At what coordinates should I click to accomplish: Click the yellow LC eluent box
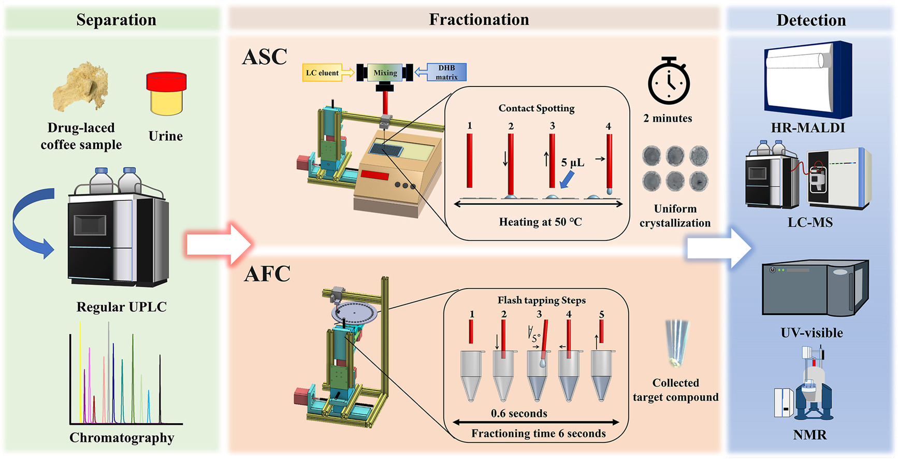(322, 73)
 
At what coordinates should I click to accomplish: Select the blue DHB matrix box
(446, 72)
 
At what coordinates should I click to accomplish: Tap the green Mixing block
(385, 73)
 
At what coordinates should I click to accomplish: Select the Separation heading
(116, 20)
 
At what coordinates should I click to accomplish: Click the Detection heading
(811, 20)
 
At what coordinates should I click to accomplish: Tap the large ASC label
(265, 57)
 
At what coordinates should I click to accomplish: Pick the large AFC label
(267, 274)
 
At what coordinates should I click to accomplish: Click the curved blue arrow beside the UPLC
(31, 223)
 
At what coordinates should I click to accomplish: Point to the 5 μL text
(573, 163)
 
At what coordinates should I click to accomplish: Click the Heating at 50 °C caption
(540, 222)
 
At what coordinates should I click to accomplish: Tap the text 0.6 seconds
(519, 413)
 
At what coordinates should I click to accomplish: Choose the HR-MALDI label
(807, 128)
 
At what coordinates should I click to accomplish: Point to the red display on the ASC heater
(374, 175)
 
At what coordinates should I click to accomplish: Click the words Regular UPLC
(122, 307)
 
